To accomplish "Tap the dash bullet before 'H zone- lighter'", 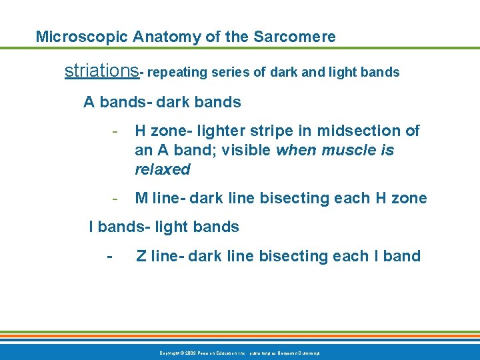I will tap(115, 131).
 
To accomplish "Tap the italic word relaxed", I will tap(162, 170).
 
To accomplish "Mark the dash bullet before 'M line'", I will tap(115, 199).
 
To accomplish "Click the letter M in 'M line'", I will tap(141, 199).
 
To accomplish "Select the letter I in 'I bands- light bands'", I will tap(92, 227).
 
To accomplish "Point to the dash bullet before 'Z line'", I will tap(109, 257).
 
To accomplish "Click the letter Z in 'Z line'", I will tap(141, 257).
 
